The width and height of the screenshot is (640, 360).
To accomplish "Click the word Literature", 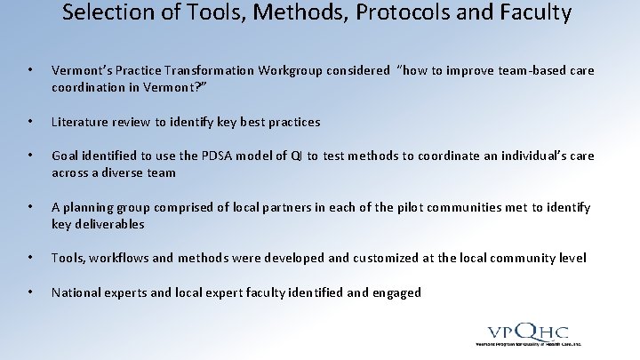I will (x=82, y=122).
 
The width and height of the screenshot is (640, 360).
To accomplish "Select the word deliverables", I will (x=110, y=224).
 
